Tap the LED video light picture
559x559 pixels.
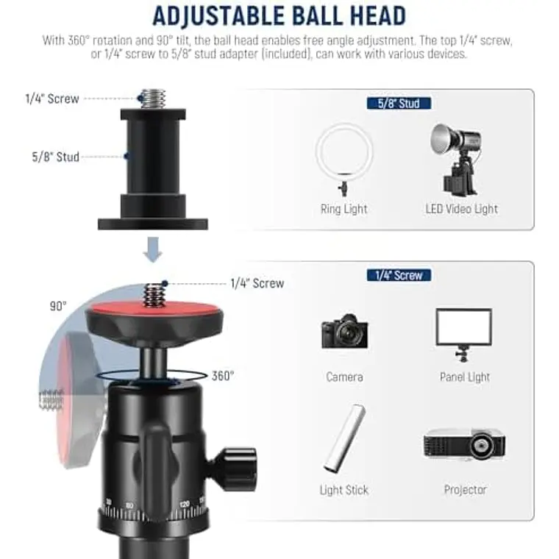457,160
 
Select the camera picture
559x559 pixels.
344,331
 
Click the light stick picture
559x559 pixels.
344,439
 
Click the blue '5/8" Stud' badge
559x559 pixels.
399,104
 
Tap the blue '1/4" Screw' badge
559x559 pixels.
399,275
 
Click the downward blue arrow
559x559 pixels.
153,250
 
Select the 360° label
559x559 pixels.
223,376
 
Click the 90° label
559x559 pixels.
58,306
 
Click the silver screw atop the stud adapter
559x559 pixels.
153,99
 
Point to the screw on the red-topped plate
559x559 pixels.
154,294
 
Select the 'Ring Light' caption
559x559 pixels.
343,209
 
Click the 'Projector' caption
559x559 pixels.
466,490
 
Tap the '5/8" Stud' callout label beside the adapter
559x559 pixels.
56,157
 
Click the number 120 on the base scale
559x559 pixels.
185,505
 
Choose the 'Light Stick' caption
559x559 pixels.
344,490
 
